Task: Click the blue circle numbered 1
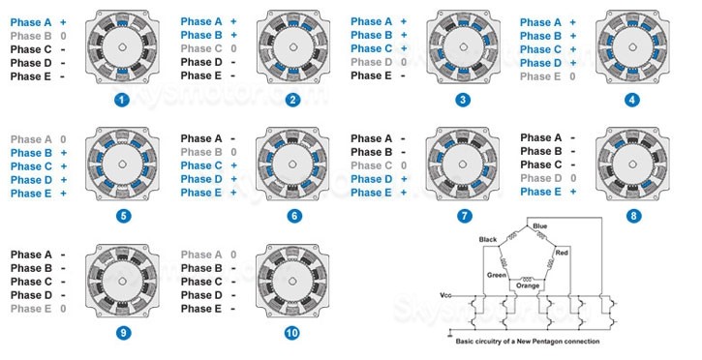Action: click(x=122, y=100)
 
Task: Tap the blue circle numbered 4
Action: click(x=632, y=100)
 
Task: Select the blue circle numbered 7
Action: click(x=464, y=216)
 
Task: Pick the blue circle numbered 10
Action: click(x=291, y=333)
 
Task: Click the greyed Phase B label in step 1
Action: click(x=31, y=36)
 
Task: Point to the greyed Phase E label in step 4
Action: click(x=540, y=76)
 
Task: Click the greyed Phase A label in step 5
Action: click(x=31, y=139)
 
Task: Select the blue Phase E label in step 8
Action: click(x=540, y=192)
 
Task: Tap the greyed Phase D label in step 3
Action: click(x=371, y=62)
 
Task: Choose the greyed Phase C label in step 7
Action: click(x=371, y=165)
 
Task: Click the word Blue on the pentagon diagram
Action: click(x=540, y=226)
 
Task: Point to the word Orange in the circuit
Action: click(x=528, y=285)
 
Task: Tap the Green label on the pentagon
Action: click(x=497, y=275)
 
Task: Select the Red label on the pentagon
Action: click(x=562, y=253)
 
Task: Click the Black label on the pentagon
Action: click(x=488, y=240)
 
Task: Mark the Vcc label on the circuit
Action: click(x=445, y=295)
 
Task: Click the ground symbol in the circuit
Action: click(x=450, y=334)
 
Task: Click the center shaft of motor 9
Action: click(x=123, y=281)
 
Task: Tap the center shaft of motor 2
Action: click(x=292, y=47)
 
